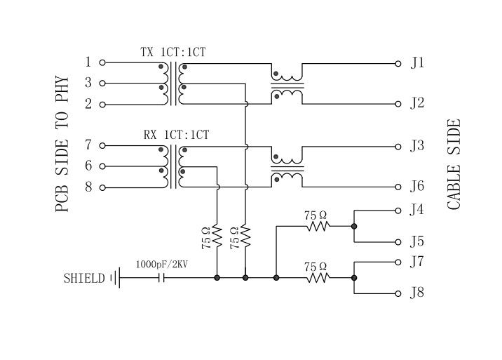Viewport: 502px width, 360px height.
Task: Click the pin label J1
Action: [x=417, y=63]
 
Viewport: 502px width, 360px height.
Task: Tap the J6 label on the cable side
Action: [x=417, y=187]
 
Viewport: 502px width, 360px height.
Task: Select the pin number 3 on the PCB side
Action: [x=88, y=83]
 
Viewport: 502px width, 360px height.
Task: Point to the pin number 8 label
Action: [x=88, y=187]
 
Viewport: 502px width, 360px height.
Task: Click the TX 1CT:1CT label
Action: [x=173, y=52]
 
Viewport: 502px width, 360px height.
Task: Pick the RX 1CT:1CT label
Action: [x=176, y=135]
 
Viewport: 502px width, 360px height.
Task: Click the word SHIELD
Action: [x=83, y=278]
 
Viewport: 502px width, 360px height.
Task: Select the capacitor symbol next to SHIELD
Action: [x=163, y=278]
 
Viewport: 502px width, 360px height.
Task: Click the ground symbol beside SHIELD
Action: [x=114, y=278]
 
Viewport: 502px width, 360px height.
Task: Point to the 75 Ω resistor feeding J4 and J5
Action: [x=317, y=226]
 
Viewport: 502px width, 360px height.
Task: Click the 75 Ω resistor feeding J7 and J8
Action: [x=317, y=278]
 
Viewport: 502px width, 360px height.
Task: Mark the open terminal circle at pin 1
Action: [x=102, y=62]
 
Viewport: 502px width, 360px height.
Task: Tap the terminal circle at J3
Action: [x=399, y=147]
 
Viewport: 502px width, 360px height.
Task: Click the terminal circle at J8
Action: [x=399, y=293]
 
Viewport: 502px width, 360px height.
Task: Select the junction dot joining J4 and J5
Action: [x=354, y=226]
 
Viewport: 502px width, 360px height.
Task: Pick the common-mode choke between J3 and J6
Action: [x=287, y=168]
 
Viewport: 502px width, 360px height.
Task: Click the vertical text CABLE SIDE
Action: [x=454, y=165]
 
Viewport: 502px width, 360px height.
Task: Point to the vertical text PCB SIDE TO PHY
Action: [x=62, y=145]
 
